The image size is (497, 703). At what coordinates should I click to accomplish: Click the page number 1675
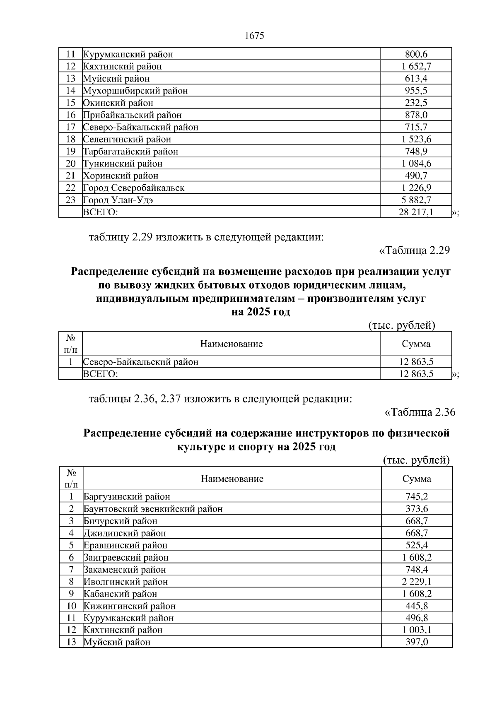pos(254,36)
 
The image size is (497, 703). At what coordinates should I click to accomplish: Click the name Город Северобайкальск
pos(134,188)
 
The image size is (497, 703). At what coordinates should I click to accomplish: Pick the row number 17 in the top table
pos(71,127)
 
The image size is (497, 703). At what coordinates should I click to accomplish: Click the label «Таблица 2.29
pos(414,250)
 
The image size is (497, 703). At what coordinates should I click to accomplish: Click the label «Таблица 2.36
pos(420,412)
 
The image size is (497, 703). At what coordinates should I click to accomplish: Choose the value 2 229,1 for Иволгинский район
pos(417,582)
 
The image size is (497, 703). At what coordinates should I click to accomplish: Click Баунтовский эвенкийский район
pos(153,509)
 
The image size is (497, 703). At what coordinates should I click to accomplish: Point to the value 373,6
pos(417,509)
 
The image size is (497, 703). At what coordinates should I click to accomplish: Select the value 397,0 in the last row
pos(417,642)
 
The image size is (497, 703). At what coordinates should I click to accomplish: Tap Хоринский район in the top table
pos(121,176)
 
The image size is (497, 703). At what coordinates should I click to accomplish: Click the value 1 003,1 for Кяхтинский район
pos(417,630)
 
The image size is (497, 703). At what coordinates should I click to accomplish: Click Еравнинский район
pos(125,545)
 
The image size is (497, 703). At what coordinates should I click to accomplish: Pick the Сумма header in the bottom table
pos(417,479)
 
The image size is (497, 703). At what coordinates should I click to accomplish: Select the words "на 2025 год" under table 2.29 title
pos(261,312)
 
